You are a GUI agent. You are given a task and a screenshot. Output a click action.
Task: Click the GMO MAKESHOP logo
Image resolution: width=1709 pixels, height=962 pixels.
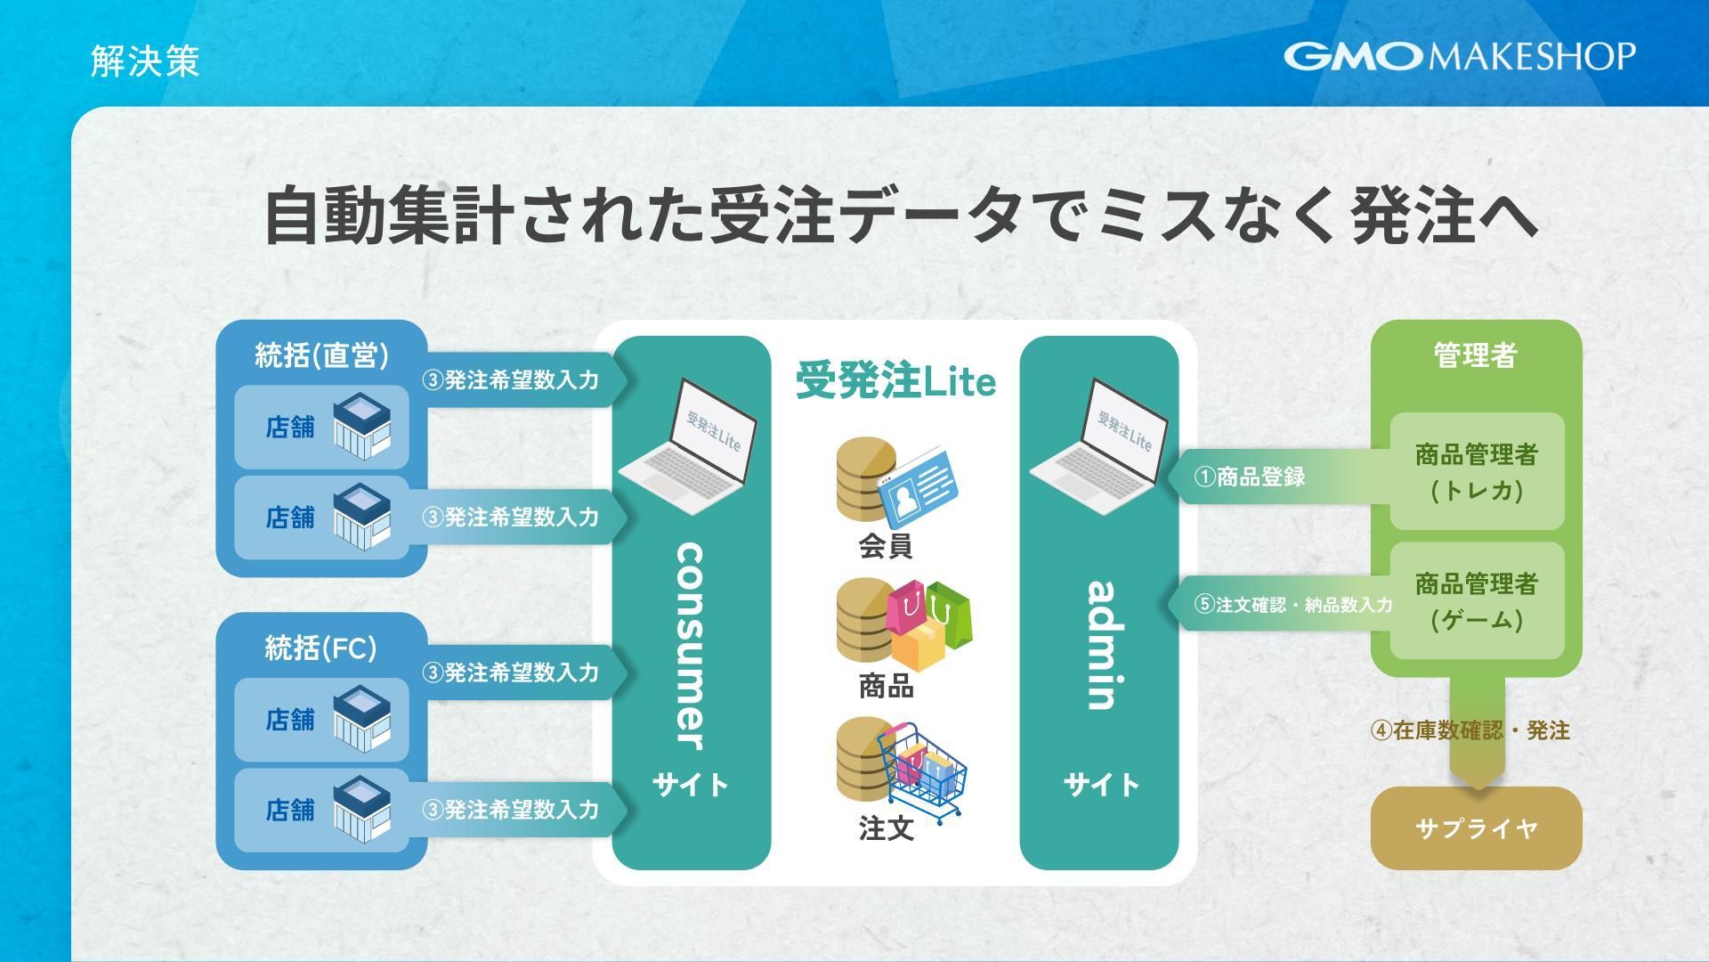(x=1459, y=56)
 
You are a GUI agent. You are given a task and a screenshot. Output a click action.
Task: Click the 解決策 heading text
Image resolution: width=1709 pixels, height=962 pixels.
(x=145, y=61)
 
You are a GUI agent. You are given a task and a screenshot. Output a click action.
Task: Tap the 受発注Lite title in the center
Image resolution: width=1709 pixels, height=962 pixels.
(x=895, y=381)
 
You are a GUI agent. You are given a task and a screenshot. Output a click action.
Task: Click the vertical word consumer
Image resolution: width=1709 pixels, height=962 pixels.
(x=691, y=647)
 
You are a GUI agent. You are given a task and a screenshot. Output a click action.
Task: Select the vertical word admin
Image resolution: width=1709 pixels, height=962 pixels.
(x=1102, y=645)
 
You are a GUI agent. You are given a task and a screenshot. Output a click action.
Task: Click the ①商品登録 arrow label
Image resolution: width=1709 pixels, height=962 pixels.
(x=1250, y=477)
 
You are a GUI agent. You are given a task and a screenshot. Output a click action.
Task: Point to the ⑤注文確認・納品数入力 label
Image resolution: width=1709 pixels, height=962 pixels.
(x=1292, y=605)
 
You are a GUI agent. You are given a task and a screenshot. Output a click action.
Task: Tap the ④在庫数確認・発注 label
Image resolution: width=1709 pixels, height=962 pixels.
(x=1470, y=730)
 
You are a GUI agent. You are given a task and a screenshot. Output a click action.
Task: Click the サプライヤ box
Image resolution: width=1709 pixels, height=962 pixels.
(x=1476, y=828)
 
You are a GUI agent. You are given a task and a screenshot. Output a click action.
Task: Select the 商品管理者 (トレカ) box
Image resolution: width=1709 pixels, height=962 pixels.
(x=1477, y=472)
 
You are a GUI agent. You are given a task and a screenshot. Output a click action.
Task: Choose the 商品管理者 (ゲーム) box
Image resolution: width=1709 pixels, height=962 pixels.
(x=1477, y=601)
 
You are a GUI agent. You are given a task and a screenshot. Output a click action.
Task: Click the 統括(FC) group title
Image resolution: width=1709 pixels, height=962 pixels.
(x=320, y=648)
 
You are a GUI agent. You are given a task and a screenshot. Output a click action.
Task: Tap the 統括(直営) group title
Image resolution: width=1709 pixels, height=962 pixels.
(x=321, y=355)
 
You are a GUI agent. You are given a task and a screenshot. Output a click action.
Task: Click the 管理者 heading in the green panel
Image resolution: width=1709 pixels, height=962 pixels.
(x=1475, y=355)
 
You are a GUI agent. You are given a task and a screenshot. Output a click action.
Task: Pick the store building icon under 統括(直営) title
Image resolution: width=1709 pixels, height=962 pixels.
(x=361, y=427)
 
